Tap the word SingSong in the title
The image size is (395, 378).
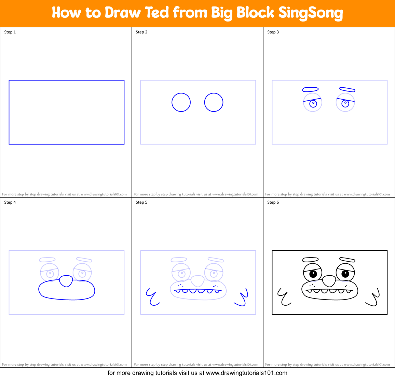coord(310,13)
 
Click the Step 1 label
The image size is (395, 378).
coord(10,32)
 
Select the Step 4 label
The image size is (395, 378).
coord(10,202)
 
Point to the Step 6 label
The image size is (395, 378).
coord(273,202)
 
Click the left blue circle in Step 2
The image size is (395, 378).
coord(181,102)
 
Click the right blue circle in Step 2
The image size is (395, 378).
coord(214,102)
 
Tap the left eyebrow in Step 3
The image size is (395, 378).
coord(310,89)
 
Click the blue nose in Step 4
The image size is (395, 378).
coord(66,281)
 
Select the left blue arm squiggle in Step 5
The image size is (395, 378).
coord(152,296)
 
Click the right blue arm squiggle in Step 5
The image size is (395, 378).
coord(242,297)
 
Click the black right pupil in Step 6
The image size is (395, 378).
coord(345,273)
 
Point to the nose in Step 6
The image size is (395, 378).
coord(329,281)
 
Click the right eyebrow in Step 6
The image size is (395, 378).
coord(347,260)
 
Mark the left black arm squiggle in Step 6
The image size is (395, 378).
coord(284,296)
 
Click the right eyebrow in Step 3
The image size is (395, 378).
coord(347,90)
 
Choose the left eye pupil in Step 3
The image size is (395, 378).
coord(313,103)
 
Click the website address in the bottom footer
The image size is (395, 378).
coord(247,373)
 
